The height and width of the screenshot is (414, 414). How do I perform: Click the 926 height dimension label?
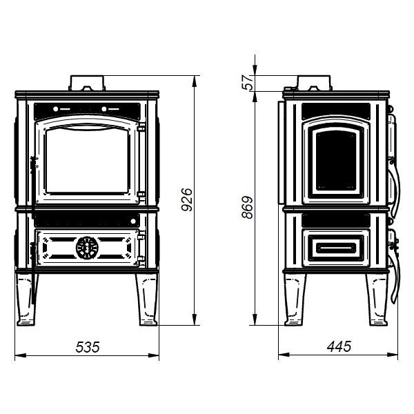pos(187,199)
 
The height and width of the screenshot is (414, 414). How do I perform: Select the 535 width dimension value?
pos(88,347)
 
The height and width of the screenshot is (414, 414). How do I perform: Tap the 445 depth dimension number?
pos(339,346)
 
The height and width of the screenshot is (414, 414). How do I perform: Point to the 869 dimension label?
pos(248,207)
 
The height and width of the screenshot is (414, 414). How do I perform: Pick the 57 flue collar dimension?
pos(248,82)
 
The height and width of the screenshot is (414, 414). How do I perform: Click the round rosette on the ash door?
pos(87,248)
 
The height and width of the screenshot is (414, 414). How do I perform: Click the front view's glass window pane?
pos(88,161)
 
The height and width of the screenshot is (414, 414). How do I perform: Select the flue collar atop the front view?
pos(87,83)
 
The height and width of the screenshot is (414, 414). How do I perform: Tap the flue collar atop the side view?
pos(314,83)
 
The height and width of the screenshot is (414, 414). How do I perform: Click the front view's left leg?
pos(26,299)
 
